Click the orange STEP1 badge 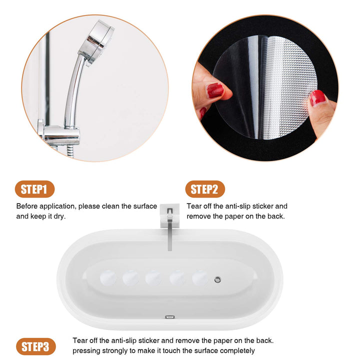pyautogui.click(x=34, y=189)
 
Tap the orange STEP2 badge pyautogui.click(x=204, y=189)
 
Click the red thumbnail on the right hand pyautogui.click(x=317, y=97)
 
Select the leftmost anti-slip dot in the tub pyautogui.click(x=107, y=277)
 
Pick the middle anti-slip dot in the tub pyautogui.click(x=153, y=277)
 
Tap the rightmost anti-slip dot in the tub pyautogui.click(x=200, y=277)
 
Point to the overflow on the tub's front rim pyautogui.click(x=170, y=316)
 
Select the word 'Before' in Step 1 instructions pyautogui.click(x=27, y=206)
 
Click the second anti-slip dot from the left pyautogui.click(x=131, y=277)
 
